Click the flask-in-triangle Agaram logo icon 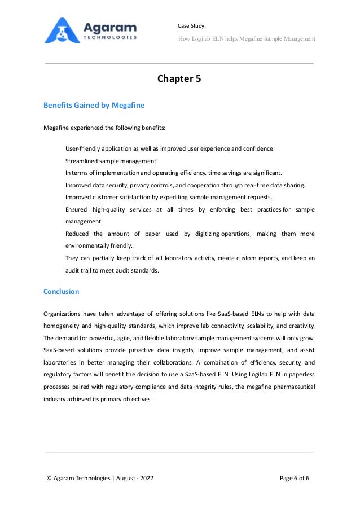61,31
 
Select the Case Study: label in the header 192,26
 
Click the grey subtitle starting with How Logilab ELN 247,38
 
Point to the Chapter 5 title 179,78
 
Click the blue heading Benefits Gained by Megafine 94,106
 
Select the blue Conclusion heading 62,292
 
